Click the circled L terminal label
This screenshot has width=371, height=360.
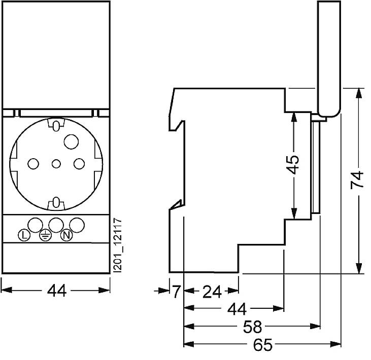coord(24,235)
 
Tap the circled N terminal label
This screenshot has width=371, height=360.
coord(65,235)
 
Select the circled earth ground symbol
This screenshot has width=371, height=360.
coord(45,235)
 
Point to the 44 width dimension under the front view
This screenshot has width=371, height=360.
coord(56,291)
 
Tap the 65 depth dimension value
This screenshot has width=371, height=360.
coord(262,345)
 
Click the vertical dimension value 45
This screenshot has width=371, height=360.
coord(292,165)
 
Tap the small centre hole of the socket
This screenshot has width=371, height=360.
coord(56,164)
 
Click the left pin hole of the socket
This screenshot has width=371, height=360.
coord(33,164)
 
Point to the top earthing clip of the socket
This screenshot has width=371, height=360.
coord(56,124)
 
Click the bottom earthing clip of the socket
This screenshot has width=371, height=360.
coord(56,204)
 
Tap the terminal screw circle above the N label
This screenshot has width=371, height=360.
coord(77,224)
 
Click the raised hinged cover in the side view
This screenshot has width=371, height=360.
coord(328,56)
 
